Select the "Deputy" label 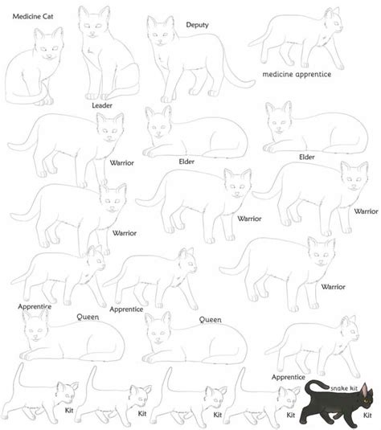pyautogui.click(x=197, y=25)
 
